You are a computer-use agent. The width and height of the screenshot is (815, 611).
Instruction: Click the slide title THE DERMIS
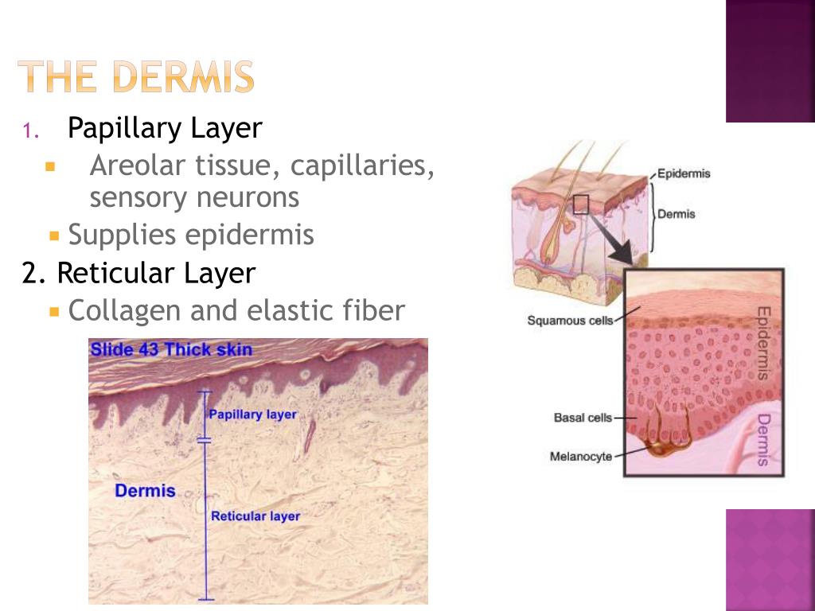(137, 77)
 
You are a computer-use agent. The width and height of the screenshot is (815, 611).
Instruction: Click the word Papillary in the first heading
(115, 127)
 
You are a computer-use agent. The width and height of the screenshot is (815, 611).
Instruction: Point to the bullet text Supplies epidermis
(191, 235)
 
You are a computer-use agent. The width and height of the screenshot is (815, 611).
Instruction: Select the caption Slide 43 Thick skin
(171, 349)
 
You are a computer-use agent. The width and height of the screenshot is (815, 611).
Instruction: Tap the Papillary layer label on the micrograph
(252, 414)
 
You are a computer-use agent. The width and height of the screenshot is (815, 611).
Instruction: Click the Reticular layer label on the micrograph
(255, 516)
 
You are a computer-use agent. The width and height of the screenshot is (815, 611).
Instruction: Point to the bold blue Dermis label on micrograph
(145, 490)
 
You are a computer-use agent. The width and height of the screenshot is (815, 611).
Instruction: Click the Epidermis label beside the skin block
(684, 173)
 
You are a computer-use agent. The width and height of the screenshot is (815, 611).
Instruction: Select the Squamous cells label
(571, 321)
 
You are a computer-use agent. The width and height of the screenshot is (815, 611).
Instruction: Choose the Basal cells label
(583, 418)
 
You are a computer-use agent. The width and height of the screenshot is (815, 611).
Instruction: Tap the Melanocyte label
(581, 456)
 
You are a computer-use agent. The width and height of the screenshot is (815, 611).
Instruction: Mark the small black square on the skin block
(581, 204)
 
